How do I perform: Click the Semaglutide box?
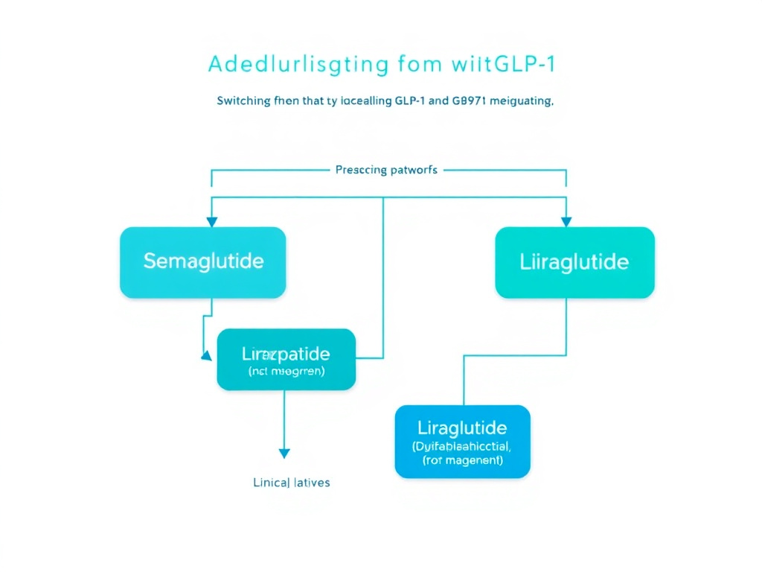click(202, 262)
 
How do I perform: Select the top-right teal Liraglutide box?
click(574, 262)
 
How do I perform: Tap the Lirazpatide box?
click(286, 359)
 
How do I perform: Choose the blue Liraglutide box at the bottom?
click(462, 441)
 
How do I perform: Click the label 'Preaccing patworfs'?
click(386, 170)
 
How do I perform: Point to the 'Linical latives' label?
click(292, 483)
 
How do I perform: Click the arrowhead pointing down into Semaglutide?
click(212, 221)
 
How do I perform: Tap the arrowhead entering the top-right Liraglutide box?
click(566, 221)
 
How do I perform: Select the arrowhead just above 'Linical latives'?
click(284, 454)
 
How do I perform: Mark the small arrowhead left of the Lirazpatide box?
click(206, 357)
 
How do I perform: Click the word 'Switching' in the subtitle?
click(240, 102)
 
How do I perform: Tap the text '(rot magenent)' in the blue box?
click(462, 461)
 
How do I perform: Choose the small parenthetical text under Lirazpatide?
click(286, 369)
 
